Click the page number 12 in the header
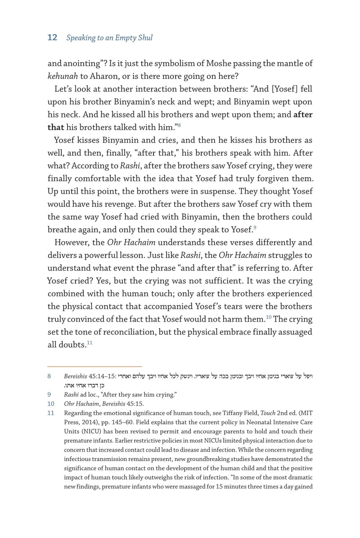click(x=52, y=38)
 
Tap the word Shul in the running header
click(x=144, y=38)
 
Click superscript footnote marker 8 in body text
click(x=179, y=125)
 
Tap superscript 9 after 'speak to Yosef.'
click(x=255, y=228)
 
